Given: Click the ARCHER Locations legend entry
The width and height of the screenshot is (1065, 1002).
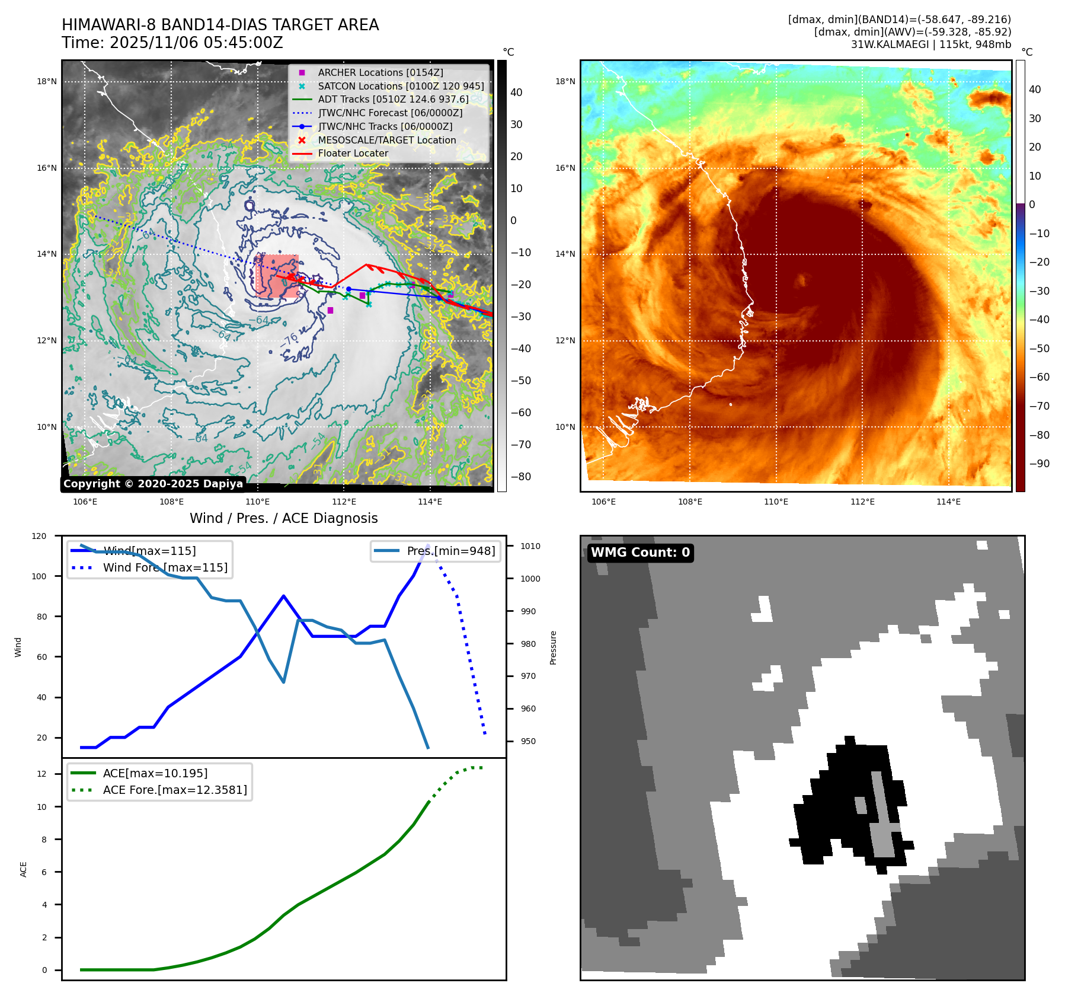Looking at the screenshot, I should tap(380, 72).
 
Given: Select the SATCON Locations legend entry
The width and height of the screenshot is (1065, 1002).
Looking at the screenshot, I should tap(401, 86).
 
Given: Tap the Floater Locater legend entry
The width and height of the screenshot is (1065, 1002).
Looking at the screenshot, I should tap(353, 153).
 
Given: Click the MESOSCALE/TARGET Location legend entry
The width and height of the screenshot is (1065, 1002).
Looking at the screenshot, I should tap(386, 140).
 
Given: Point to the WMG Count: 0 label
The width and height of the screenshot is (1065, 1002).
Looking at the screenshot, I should tap(640, 553).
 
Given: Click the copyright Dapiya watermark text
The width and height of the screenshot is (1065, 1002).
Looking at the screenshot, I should tap(153, 484).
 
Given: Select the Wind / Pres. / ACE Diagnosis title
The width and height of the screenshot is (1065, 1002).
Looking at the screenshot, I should tap(283, 518).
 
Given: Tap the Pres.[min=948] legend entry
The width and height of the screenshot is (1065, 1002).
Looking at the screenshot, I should tap(450, 551).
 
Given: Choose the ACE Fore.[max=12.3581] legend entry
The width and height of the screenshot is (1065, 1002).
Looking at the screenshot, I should tap(175, 790).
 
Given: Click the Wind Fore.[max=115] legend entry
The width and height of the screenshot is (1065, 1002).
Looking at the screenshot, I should tap(165, 567).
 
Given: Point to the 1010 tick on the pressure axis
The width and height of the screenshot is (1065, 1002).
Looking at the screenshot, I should tap(530, 546).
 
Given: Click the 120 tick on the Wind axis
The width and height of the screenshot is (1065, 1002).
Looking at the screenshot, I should tap(39, 536).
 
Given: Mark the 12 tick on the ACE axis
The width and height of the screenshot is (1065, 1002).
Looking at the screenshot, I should tap(41, 774).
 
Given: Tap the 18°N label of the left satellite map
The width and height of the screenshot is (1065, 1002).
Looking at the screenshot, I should tap(47, 82).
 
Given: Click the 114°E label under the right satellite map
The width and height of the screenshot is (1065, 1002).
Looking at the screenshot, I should tap(948, 502).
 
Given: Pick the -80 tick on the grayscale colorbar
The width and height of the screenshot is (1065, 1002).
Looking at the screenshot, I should tap(521, 477).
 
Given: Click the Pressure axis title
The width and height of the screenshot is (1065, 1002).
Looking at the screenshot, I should tap(553, 647).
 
